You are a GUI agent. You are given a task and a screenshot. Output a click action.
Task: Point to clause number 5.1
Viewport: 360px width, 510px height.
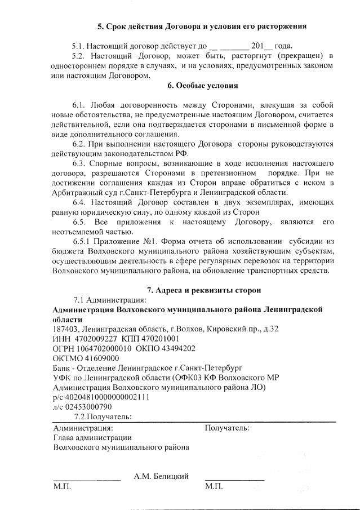79,46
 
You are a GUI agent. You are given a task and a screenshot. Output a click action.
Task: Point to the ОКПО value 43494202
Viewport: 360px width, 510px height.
177,348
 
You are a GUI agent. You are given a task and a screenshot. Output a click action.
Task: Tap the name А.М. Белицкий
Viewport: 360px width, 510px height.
161,476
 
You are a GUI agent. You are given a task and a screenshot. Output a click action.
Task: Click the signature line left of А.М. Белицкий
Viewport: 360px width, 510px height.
87,479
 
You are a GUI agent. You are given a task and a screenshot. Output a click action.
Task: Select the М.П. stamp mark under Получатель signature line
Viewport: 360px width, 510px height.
214,486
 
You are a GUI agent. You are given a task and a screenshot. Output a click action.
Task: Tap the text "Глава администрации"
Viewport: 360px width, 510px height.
92,437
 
